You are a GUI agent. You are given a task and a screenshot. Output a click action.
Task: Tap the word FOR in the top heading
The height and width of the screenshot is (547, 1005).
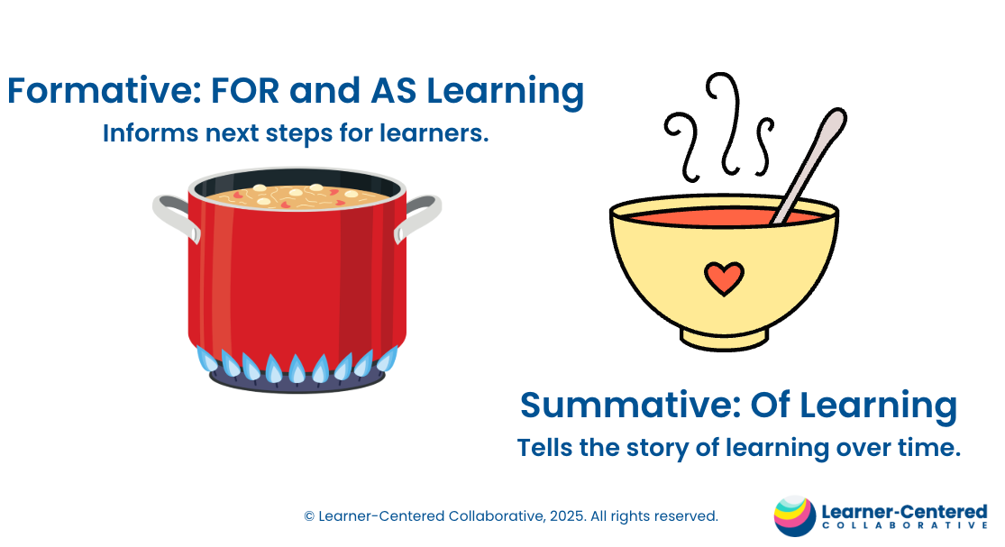[x=245, y=90]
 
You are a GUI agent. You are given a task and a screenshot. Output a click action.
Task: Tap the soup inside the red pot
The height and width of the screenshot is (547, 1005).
[x=297, y=196]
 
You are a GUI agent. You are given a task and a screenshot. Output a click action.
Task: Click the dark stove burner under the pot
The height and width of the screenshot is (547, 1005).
[x=297, y=382]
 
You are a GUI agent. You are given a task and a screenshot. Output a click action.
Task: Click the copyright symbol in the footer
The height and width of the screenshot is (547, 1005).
[x=309, y=516]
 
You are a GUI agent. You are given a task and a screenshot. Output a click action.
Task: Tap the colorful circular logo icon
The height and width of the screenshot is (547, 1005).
[x=795, y=515]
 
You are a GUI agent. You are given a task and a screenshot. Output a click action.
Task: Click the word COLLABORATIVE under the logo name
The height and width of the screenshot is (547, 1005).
[x=904, y=526]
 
